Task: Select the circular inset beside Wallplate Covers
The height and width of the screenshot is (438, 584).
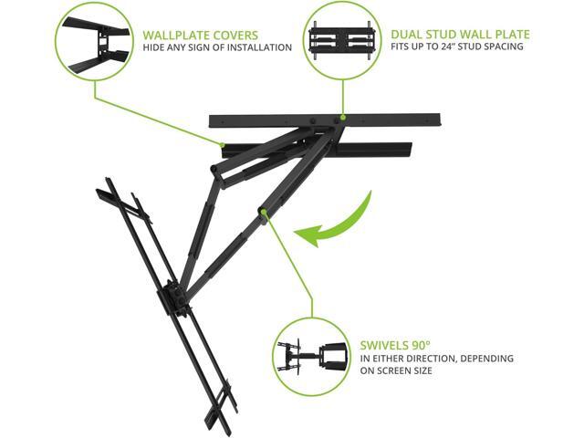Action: coord(93,41)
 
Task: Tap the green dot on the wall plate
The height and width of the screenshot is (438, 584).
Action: coord(343,117)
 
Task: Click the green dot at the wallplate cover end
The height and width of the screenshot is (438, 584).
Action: coord(222,143)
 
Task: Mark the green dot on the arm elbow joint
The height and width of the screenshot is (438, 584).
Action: coord(263,213)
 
